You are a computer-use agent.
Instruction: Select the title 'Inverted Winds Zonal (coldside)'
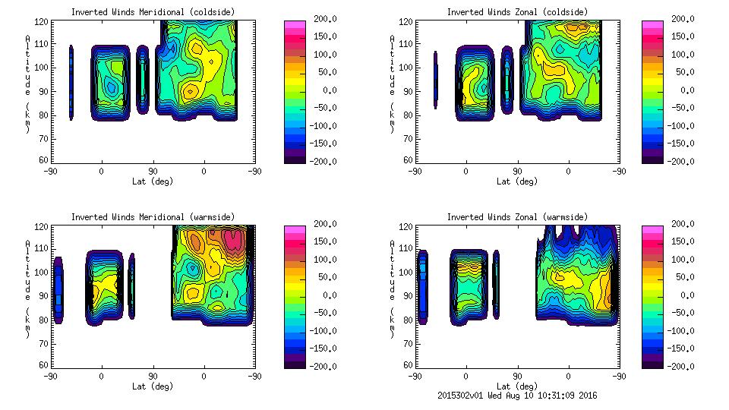click(517, 11)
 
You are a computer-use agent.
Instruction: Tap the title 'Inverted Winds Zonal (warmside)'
click(517, 216)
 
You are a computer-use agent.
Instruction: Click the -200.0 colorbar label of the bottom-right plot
click(681, 366)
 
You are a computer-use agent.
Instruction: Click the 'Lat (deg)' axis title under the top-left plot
click(153, 181)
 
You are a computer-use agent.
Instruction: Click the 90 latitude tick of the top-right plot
click(518, 172)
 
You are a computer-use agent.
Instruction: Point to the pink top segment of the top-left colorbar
click(295, 25)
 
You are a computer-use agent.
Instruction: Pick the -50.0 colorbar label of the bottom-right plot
click(681, 313)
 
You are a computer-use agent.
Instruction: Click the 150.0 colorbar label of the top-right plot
click(681, 36)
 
